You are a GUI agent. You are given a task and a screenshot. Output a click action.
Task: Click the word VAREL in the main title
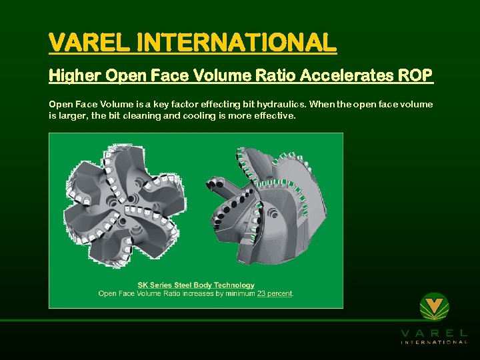[90, 43]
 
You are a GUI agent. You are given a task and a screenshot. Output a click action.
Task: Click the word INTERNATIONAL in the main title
[237, 43]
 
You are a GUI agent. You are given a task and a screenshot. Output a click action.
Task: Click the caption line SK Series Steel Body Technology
[196, 285]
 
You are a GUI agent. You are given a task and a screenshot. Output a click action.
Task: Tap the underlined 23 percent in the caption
[275, 293]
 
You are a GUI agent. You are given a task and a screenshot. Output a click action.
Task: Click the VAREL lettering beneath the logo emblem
[434, 332]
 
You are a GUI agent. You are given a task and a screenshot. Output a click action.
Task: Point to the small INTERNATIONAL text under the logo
[434, 342]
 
